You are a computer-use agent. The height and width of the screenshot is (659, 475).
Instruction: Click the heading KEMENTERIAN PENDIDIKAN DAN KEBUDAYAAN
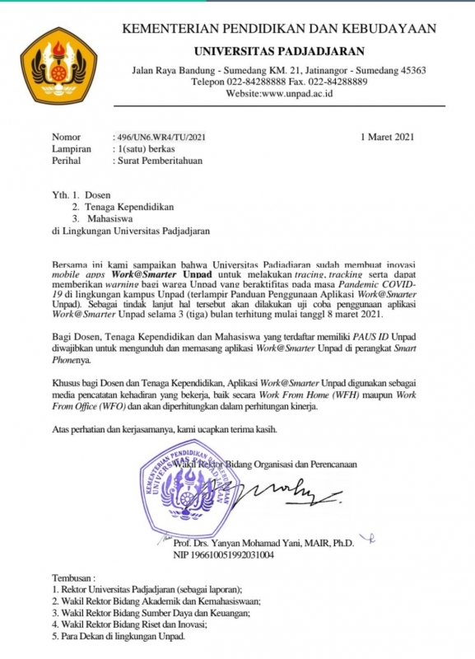(x=278, y=30)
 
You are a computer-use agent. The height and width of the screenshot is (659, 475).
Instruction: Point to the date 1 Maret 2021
(x=388, y=136)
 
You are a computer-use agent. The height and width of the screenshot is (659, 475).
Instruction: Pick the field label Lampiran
(x=71, y=149)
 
